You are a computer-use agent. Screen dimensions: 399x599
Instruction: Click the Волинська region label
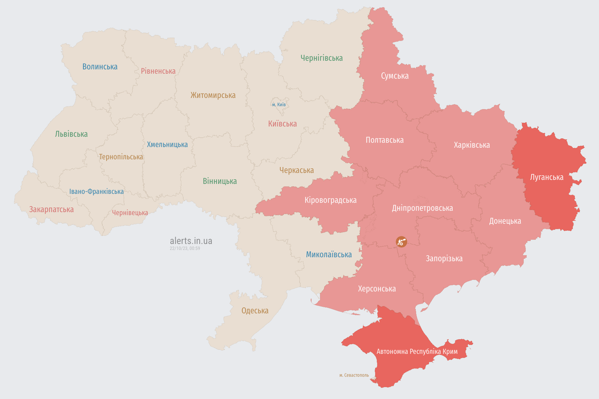pyautogui.click(x=100, y=67)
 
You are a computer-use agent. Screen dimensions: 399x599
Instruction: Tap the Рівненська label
pyautogui.click(x=158, y=71)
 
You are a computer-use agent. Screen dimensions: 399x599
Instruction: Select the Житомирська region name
pyautogui.click(x=213, y=95)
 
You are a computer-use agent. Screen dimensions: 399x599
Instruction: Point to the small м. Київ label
pyautogui.click(x=279, y=105)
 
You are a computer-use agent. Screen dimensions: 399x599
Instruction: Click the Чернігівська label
pyautogui.click(x=321, y=58)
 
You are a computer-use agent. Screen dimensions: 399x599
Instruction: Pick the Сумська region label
pyautogui.click(x=394, y=76)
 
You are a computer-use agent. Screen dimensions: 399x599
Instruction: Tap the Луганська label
pyautogui.click(x=547, y=177)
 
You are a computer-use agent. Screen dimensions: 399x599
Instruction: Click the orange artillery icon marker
pyautogui.click(x=401, y=242)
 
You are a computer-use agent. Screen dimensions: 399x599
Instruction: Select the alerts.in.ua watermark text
pyautogui.click(x=191, y=241)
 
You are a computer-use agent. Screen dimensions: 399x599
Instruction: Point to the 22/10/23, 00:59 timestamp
pyautogui.click(x=185, y=248)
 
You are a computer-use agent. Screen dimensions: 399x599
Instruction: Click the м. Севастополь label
pyautogui.click(x=354, y=375)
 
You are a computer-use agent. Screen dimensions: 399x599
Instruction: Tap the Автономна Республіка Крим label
pyautogui.click(x=417, y=352)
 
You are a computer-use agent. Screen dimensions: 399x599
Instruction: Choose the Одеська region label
pyautogui.click(x=255, y=311)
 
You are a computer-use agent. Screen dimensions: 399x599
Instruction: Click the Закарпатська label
pyautogui.click(x=51, y=209)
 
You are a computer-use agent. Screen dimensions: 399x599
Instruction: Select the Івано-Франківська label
pyautogui.click(x=96, y=192)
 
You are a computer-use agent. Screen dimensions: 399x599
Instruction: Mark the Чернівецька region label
pyautogui.click(x=130, y=213)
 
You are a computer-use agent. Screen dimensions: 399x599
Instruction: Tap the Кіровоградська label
pyautogui.click(x=330, y=200)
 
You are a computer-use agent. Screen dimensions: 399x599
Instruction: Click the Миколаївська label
pyautogui.click(x=329, y=255)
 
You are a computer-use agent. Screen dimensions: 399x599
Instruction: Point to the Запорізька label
pyautogui.click(x=444, y=259)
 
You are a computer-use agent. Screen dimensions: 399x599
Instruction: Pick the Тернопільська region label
pyautogui.click(x=121, y=157)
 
